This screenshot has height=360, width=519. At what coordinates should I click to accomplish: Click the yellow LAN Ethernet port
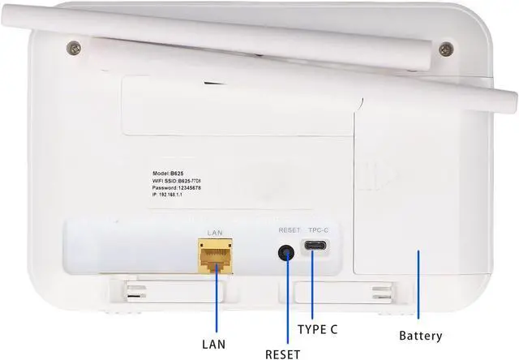(x=215, y=255)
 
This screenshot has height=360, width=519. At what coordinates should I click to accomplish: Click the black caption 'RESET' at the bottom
(x=283, y=354)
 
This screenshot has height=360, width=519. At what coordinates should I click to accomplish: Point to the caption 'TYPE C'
(x=317, y=329)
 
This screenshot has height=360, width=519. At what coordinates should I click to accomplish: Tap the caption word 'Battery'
(x=421, y=336)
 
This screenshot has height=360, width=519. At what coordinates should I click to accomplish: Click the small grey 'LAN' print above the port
(x=215, y=234)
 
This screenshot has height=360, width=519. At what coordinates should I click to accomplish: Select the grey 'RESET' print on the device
(x=289, y=230)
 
